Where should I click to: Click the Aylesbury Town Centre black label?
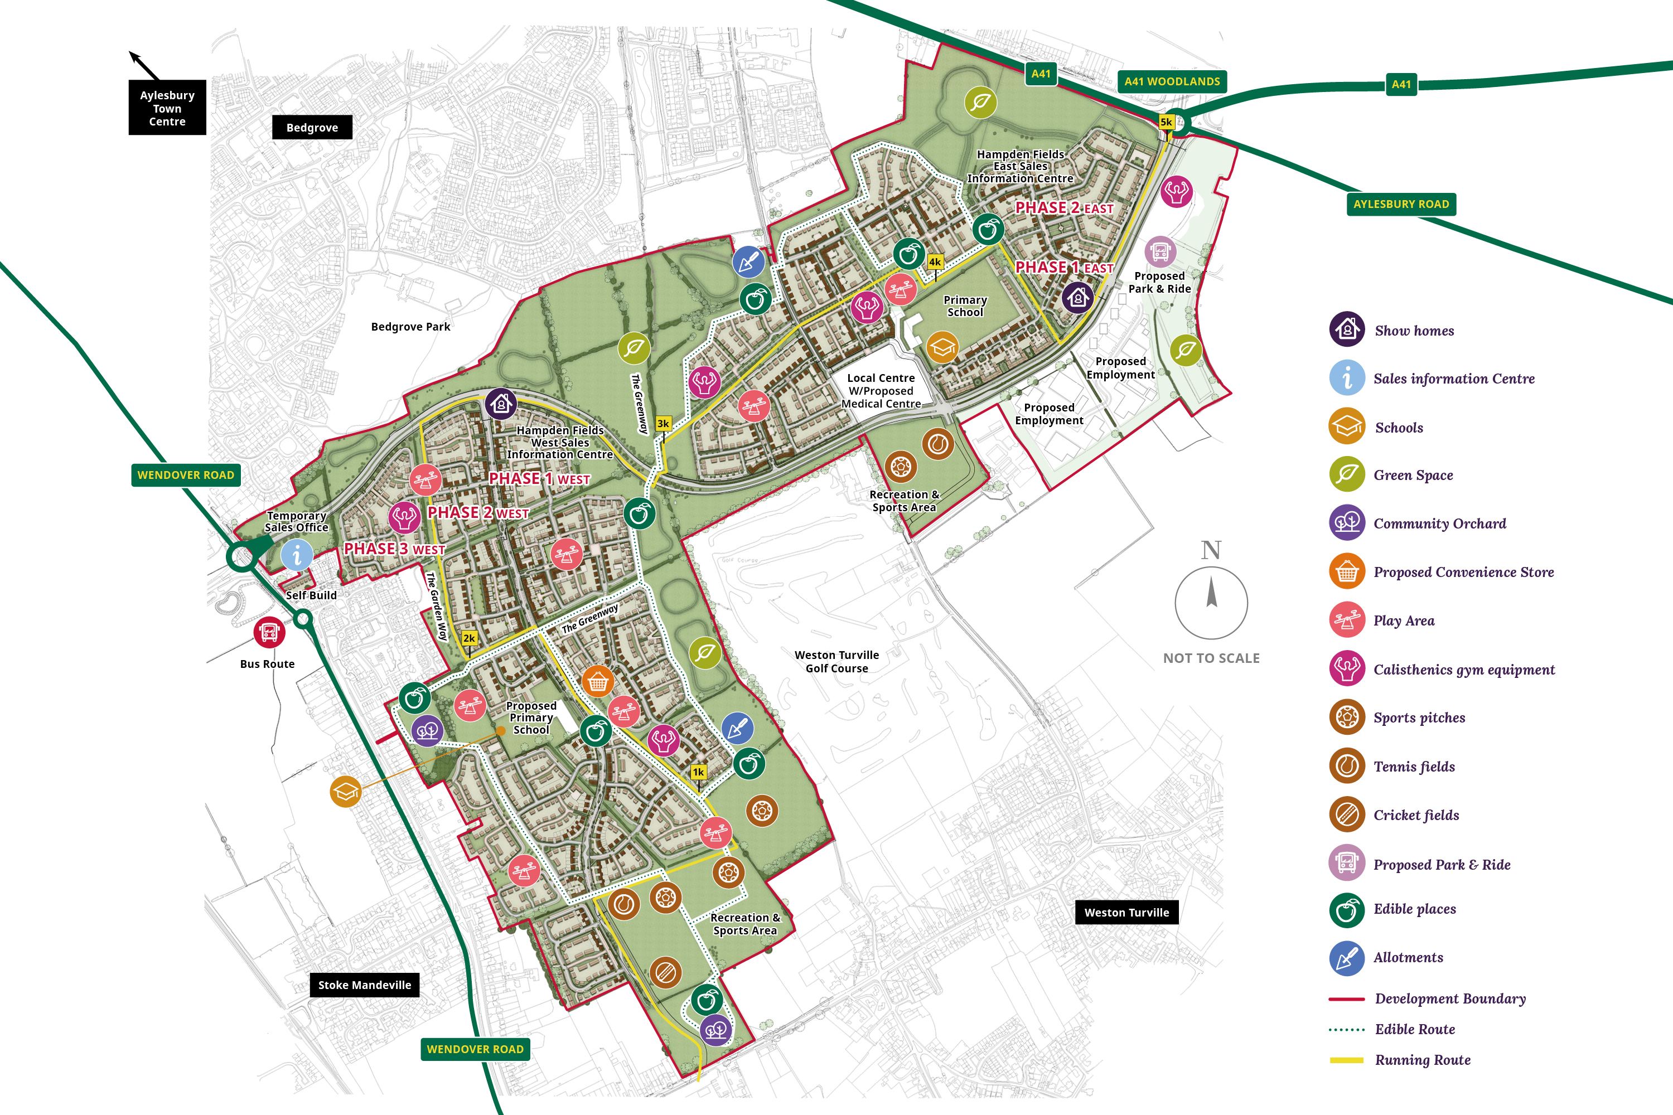tap(167, 108)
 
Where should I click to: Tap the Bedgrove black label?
tap(312, 127)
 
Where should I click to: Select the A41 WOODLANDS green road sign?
tap(1172, 81)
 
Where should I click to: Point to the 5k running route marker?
tap(1166, 122)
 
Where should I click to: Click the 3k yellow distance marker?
tap(663, 424)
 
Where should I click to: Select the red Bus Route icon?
tap(269, 632)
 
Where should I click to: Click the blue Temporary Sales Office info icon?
tap(297, 555)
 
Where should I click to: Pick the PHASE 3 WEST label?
tap(394, 549)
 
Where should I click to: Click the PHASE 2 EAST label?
tap(1063, 207)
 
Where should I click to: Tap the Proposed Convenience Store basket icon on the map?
tap(597, 681)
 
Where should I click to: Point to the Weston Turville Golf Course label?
tap(836, 661)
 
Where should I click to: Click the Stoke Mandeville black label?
tap(364, 985)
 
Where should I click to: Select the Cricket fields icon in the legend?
tap(1347, 815)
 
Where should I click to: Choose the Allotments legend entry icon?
tap(1347, 957)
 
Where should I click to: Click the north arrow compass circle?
tap(1211, 602)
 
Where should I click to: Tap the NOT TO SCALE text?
tap(1211, 658)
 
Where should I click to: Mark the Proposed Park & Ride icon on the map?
tap(1160, 252)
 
